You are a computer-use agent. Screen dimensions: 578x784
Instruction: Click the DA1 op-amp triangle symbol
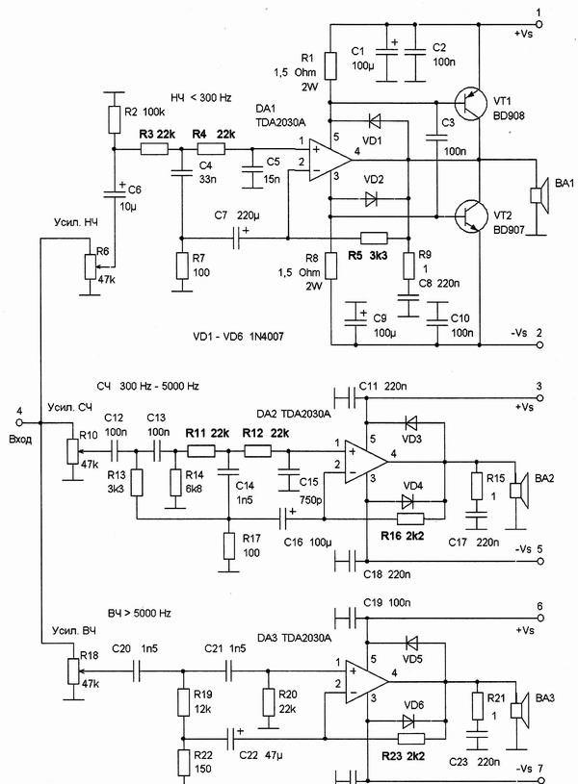329,161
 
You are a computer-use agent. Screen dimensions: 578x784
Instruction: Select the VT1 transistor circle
471,104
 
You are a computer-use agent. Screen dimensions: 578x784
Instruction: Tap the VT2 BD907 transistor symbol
471,216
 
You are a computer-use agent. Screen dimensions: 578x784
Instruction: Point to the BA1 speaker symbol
539,194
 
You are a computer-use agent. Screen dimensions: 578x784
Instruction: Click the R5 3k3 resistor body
374,238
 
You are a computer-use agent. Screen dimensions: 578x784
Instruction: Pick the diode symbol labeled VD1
374,121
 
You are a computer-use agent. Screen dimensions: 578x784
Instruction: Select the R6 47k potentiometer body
91,266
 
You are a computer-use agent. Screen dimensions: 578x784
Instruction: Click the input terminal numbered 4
20,422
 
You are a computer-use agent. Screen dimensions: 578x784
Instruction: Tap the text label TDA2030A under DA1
280,121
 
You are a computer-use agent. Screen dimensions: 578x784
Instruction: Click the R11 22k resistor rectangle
201,451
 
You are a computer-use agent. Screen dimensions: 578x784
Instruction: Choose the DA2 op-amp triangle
366,462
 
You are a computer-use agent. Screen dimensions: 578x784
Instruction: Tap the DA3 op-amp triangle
366,682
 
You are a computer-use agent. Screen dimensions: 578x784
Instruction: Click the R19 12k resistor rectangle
183,702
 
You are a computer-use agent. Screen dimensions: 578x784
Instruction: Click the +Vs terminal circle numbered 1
539,24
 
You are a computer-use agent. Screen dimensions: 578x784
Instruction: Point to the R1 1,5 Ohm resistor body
330,65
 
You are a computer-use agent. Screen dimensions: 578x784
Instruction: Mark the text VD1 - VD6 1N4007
238,337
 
